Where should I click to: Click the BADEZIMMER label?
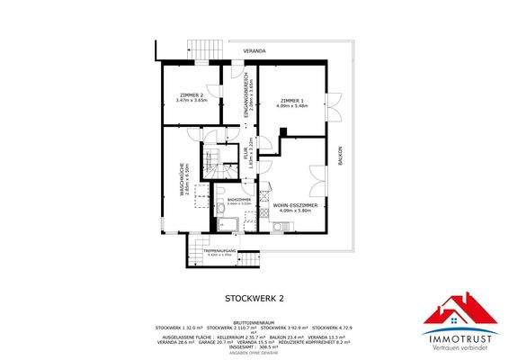click(x=239, y=199)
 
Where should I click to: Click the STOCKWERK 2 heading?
click(x=253, y=296)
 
